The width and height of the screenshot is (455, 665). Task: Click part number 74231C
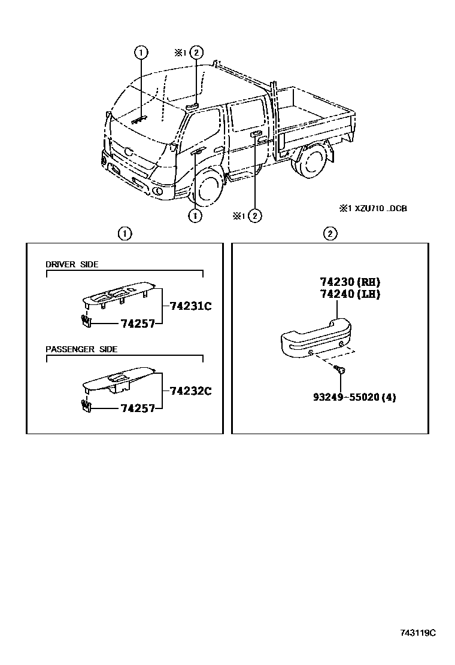pyautogui.click(x=191, y=306)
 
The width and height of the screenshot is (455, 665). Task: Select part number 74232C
pyautogui.click(x=191, y=391)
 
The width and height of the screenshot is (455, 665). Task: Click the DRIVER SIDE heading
pyautogui.click(x=72, y=264)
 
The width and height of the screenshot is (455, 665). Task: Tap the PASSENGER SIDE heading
pyautogui.click(x=81, y=349)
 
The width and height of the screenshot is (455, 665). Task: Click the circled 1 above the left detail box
pyautogui.click(x=124, y=233)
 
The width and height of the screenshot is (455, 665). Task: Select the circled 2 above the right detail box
pyautogui.click(x=330, y=233)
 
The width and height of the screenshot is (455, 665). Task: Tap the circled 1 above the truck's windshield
pyautogui.click(x=141, y=53)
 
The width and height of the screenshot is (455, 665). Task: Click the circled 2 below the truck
pyautogui.click(x=256, y=215)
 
